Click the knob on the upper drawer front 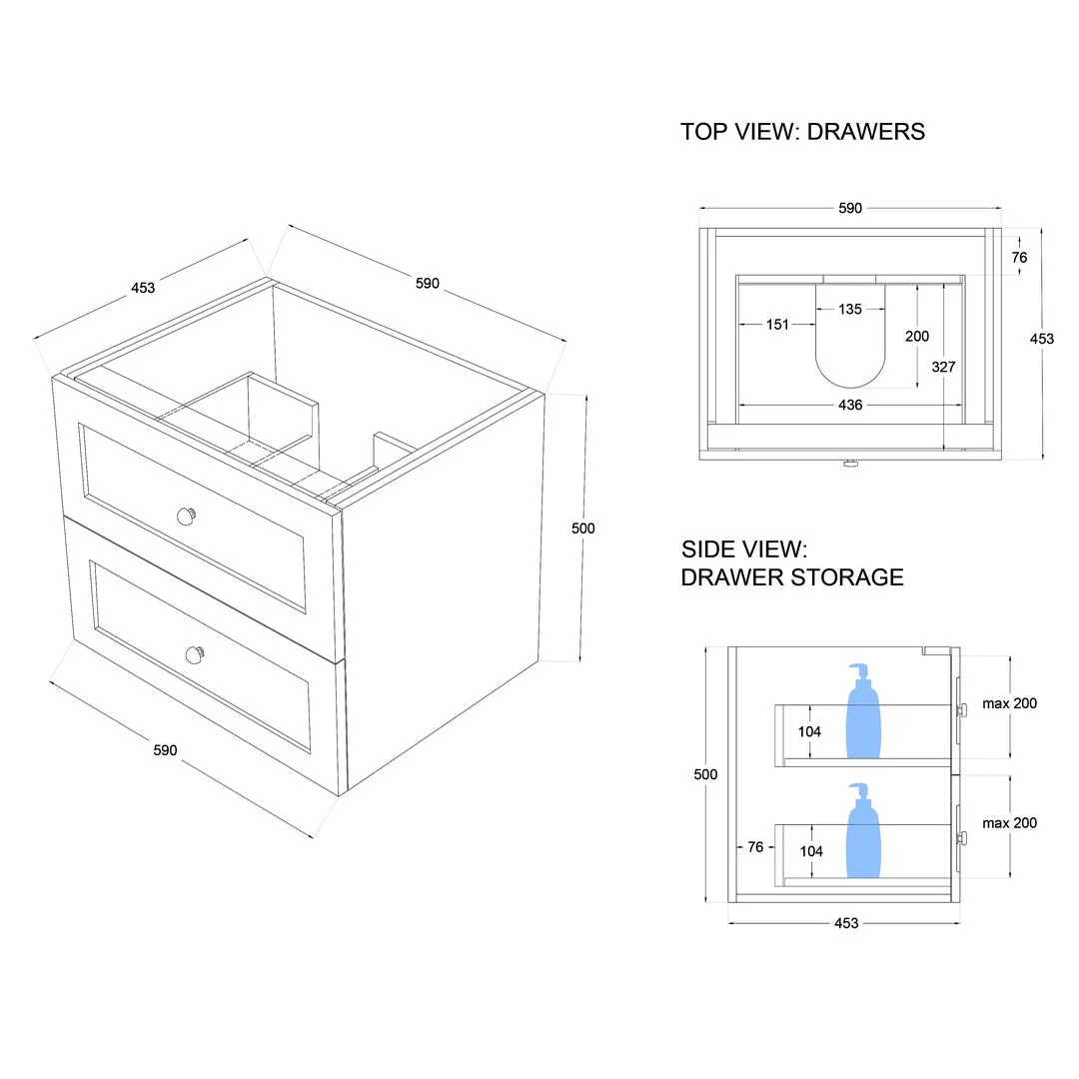(x=186, y=515)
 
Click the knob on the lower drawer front (x=195, y=654)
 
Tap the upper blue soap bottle (x=864, y=713)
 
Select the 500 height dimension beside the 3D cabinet (x=582, y=529)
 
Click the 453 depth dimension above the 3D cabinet (x=143, y=288)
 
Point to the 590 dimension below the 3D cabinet (x=166, y=749)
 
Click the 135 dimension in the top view (x=849, y=310)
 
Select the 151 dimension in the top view (x=777, y=325)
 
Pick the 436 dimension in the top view (x=850, y=405)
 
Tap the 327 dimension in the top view (x=943, y=367)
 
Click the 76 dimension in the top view (x=1019, y=257)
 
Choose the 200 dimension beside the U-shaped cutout (x=917, y=337)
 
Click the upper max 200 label (x=1009, y=703)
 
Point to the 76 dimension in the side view (x=755, y=847)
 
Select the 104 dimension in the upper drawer (x=809, y=731)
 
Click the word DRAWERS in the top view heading (x=866, y=132)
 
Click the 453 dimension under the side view (x=845, y=923)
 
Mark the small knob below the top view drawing (x=850, y=464)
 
